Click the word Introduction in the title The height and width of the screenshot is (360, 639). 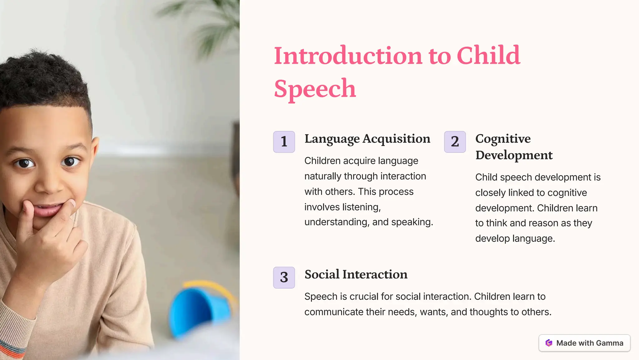(x=348, y=56)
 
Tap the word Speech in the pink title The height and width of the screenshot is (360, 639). (x=315, y=89)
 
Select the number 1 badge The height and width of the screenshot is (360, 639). (x=284, y=142)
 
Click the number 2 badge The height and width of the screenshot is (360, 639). (x=455, y=142)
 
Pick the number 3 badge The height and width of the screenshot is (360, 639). (x=284, y=277)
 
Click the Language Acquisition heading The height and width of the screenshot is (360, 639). (x=367, y=139)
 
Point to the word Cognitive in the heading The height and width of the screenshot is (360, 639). (x=503, y=139)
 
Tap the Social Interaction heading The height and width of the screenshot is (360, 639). (x=356, y=275)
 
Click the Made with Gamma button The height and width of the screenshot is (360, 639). (x=584, y=343)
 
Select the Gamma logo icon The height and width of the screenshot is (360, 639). (x=549, y=343)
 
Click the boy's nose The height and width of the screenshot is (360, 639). (x=50, y=184)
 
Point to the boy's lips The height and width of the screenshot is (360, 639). (x=48, y=210)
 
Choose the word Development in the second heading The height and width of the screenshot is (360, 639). (x=514, y=155)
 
